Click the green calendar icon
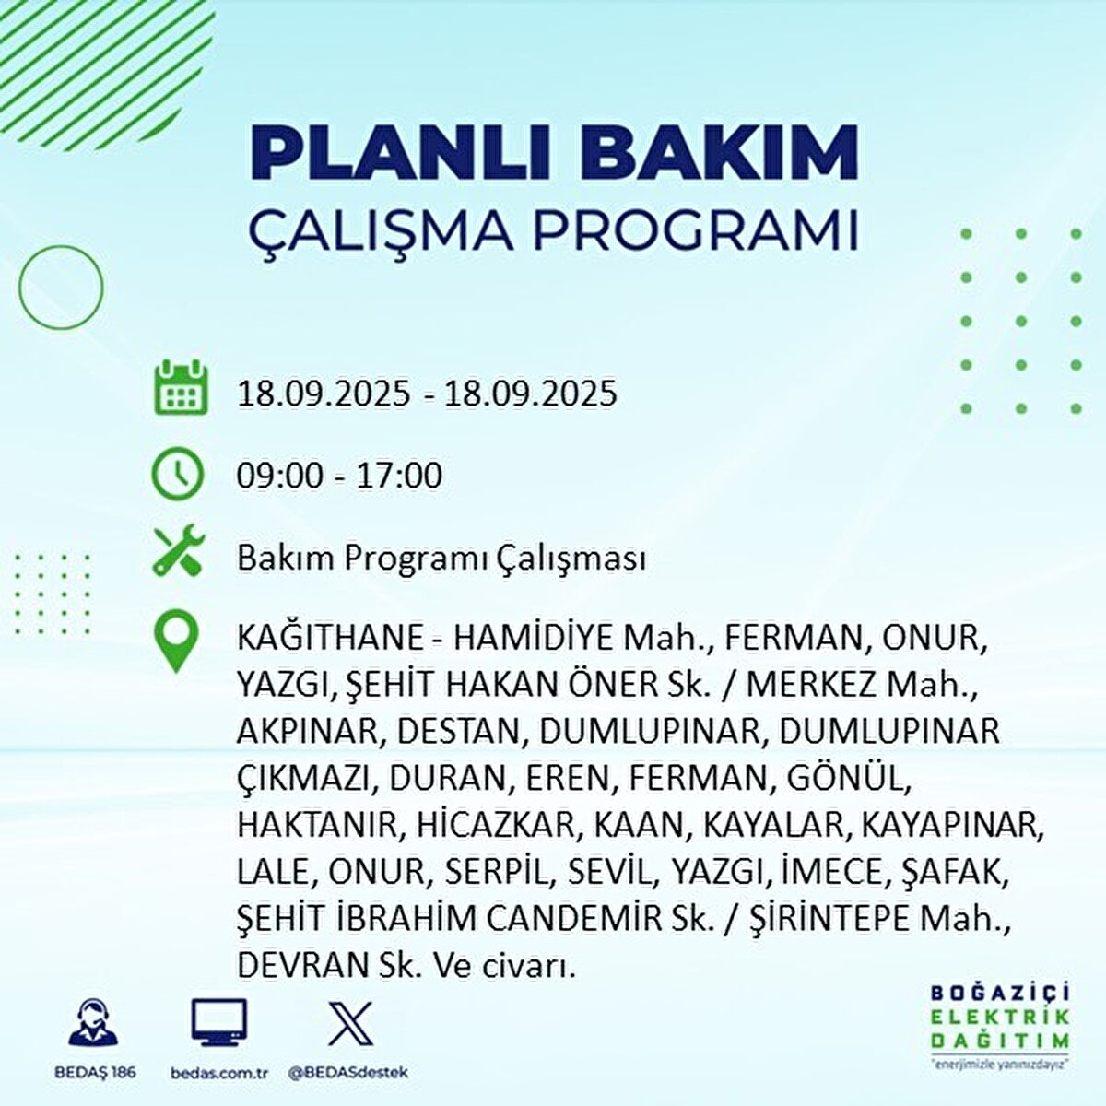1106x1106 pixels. tap(181, 387)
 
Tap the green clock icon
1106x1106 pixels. tap(177, 474)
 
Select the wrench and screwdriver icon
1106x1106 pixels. tap(179, 549)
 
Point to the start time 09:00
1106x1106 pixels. tap(281, 476)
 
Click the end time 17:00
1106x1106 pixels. tap(399, 476)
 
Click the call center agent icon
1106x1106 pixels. tap(93, 1021)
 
